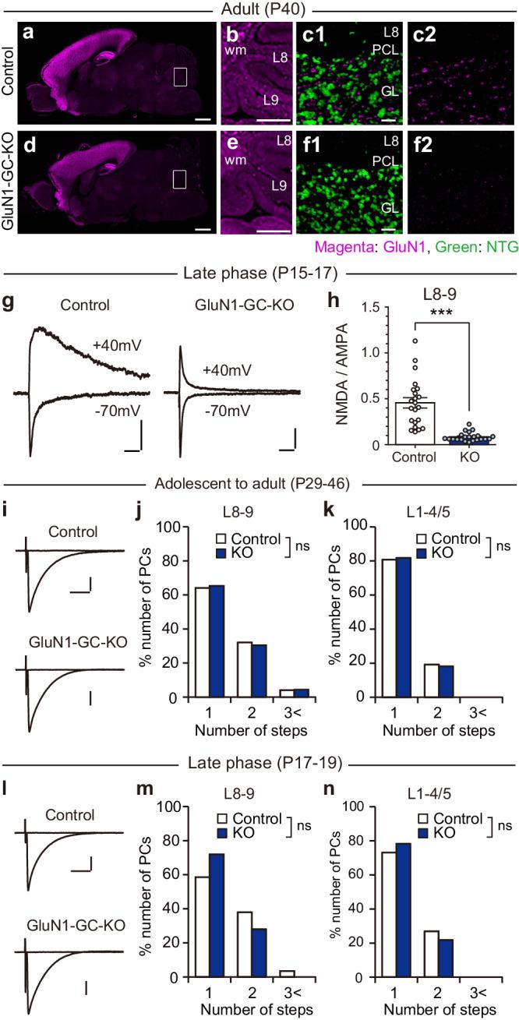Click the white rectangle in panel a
tap(180, 76)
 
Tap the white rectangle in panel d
tap(180, 180)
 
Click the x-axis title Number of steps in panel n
tap(439, 1011)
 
